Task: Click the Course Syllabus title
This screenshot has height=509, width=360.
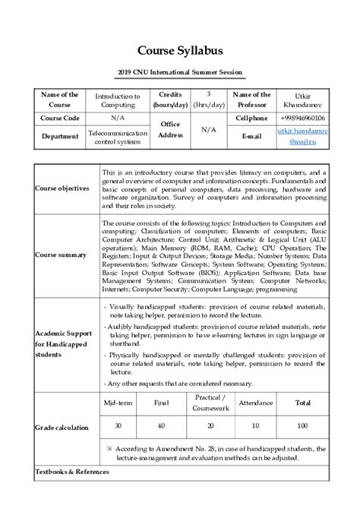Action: point(180,51)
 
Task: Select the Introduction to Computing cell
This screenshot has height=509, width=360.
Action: point(117,100)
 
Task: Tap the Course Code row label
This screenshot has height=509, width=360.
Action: point(59,119)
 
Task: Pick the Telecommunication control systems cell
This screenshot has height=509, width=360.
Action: point(117,137)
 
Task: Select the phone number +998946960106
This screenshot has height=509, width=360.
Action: point(302,119)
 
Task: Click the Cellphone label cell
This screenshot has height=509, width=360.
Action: point(251,119)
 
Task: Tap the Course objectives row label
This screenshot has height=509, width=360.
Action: point(62,188)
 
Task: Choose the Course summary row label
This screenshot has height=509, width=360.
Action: point(61,255)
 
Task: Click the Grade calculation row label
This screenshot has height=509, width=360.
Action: point(62,428)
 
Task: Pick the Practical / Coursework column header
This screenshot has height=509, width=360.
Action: point(212,403)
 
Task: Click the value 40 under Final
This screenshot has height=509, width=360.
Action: point(162,426)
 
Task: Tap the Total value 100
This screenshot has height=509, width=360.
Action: point(303,426)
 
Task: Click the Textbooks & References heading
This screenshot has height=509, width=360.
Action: point(72,472)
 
